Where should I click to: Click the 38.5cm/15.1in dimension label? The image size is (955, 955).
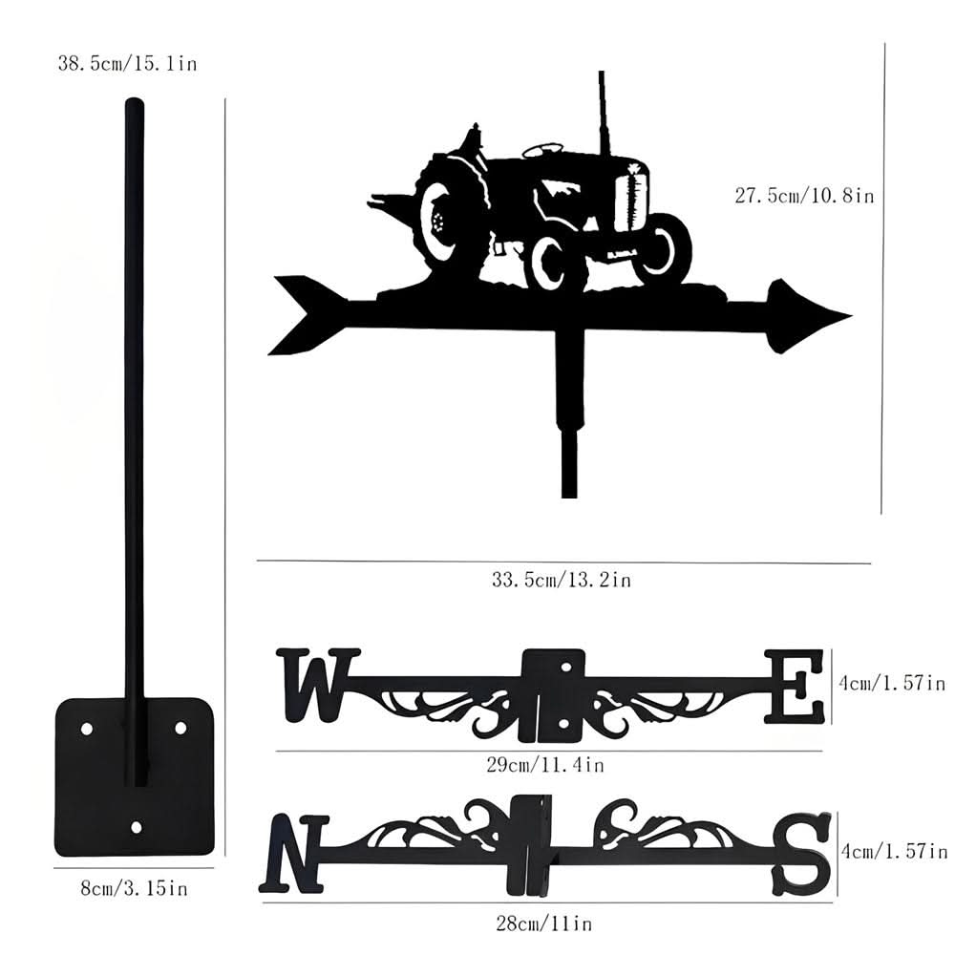127,65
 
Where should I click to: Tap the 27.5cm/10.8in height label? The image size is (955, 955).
804,196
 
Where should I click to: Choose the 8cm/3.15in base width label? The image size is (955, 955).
134,889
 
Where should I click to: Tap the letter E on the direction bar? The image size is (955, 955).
794,686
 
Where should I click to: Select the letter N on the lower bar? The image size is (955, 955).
293,853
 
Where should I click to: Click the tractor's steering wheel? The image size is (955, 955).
542,149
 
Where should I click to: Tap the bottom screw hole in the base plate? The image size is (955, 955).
136,827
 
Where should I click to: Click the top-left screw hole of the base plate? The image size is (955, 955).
87,728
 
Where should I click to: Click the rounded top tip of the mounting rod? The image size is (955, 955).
134,102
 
